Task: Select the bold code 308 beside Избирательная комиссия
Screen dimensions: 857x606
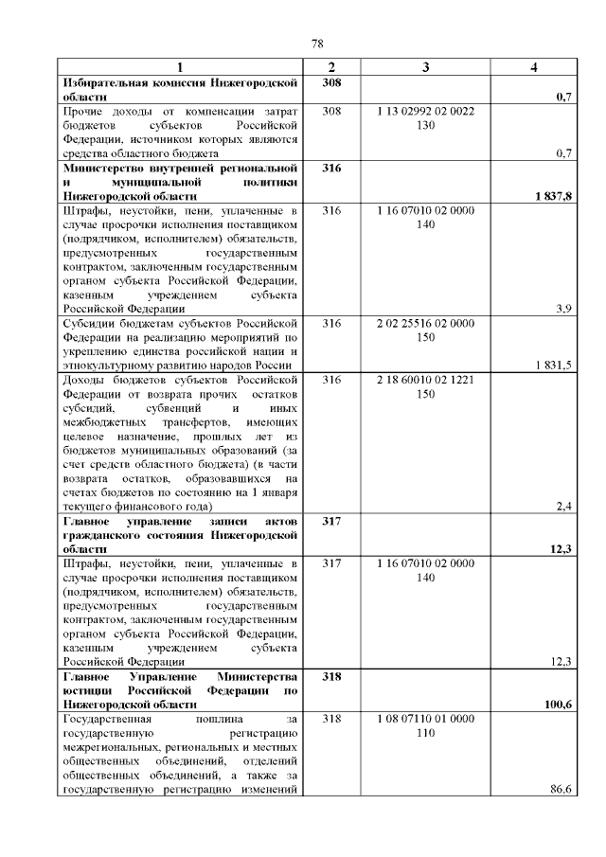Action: tap(331, 83)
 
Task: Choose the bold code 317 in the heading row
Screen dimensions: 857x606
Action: tap(331, 521)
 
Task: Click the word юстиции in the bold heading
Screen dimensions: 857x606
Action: tap(85, 690)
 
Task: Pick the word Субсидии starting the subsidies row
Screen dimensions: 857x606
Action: tap(88, 323)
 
